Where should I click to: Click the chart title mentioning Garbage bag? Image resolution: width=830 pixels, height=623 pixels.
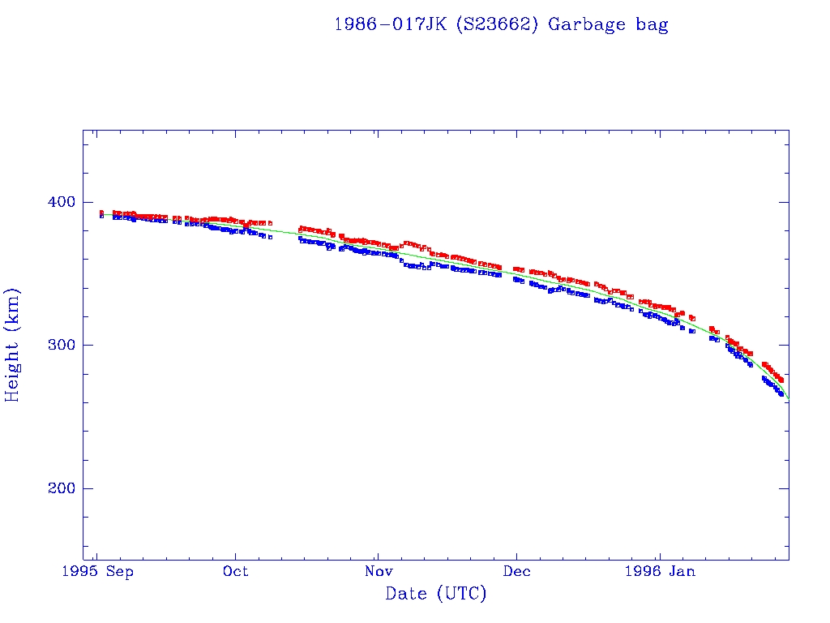[501, 24]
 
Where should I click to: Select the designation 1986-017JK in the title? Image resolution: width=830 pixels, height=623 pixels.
[390, 24]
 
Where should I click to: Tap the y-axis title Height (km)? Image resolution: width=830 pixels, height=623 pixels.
[12, 345]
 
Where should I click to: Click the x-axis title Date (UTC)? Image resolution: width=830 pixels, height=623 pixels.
[436, 594]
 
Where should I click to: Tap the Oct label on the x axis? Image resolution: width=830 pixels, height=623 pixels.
[236, 572]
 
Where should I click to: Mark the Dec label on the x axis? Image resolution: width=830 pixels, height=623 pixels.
[516, 572]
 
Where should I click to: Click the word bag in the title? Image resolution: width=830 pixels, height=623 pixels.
[652, 24]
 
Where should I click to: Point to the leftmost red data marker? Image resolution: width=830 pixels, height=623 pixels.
[101, 213]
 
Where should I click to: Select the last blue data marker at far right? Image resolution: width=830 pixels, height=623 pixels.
[781, 394]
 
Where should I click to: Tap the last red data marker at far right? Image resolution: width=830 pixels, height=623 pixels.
[781, 380]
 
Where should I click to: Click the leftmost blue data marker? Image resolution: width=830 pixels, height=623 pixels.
[101, 216]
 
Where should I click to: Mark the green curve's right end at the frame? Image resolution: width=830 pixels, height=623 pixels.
[788, 398]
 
